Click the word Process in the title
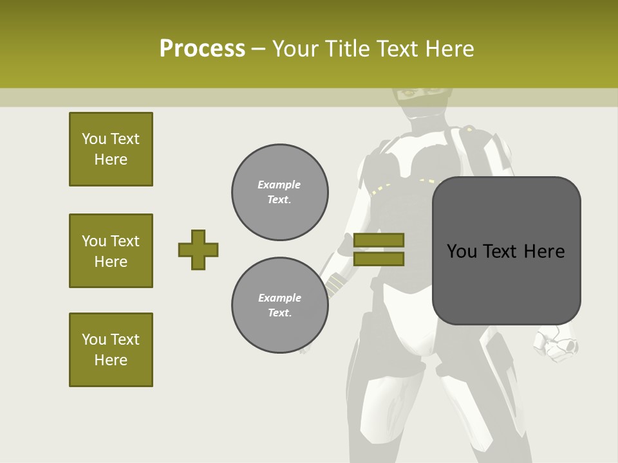(x=202, y=49)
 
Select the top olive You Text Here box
(x=111, y=149)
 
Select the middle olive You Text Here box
(x=111, y=251)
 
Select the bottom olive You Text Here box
(x=111, y=350)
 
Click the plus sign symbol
(x=198, y=250)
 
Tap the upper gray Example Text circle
(x=280, y=192)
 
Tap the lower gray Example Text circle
(x=280, y=305)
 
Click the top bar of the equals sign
(x=379, y=240)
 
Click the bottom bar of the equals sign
(x=379, y=259)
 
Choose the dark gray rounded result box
(x=506, y=251)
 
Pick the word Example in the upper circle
(x=279, y=185)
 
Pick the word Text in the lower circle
(x=279, y=313)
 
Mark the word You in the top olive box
(x=94, y=139)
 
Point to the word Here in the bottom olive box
(x=111, y=360)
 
